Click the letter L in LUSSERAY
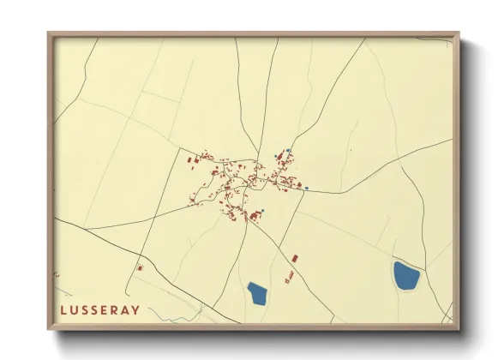63,309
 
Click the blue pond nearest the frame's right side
405,276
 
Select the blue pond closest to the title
256,294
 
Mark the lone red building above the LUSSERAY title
140,268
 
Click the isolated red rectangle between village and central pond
295,257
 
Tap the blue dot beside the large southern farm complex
264,211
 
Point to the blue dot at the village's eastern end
306,187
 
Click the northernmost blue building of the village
289,151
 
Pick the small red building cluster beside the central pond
289,277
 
